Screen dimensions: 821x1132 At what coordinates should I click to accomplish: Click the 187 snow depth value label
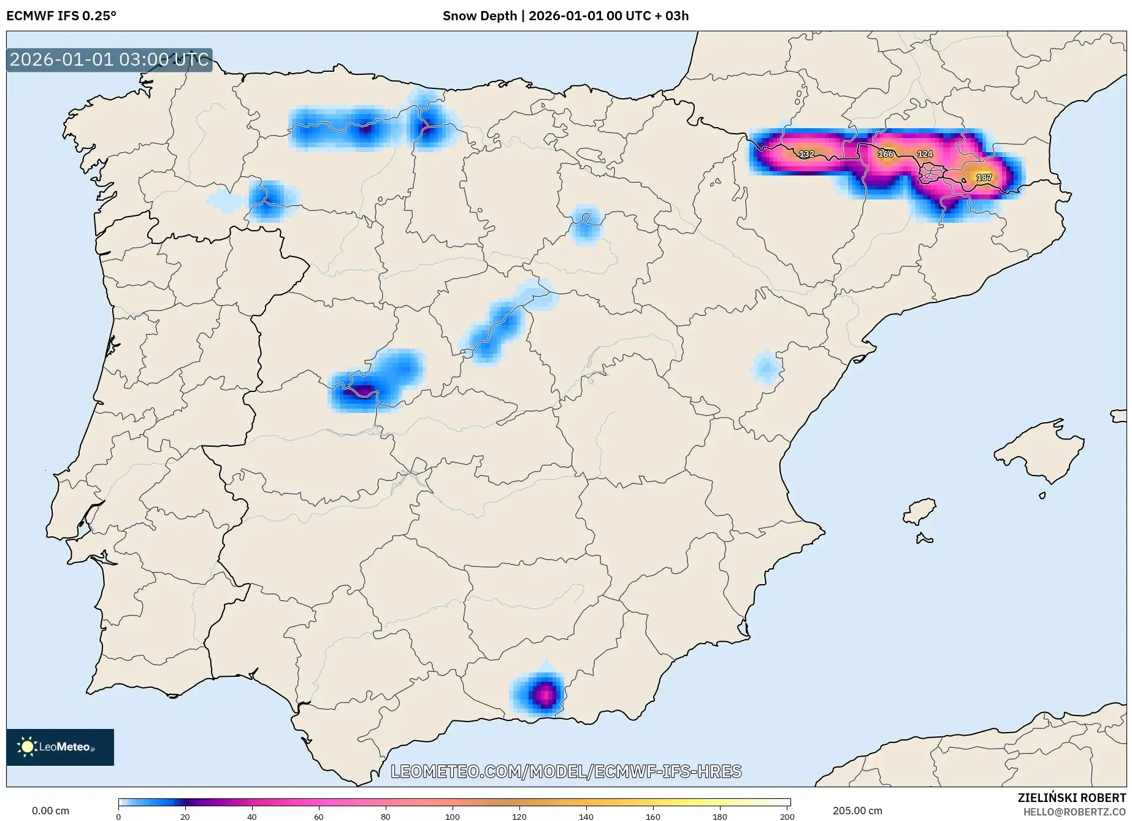pyautogui.click(x=984, y=177)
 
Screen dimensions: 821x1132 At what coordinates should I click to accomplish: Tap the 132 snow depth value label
pyautogui.click(x=806, y=154)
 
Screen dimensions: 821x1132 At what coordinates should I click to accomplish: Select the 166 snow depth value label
pyautogui.click(x=885, y=153)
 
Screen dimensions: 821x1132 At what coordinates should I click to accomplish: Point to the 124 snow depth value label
pyautogui.click(x=925, y=154)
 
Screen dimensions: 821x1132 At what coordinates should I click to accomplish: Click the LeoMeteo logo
pyautogui.click(x=59, y=747)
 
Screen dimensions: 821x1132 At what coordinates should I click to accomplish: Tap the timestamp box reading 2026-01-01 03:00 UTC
pyautogui.click(x=109, y=60)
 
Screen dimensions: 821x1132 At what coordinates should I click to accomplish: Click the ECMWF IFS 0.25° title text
pyautogui.click(x=61, y=16)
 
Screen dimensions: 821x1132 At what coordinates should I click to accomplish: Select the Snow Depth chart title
pyautogui.click(x=565, y=16)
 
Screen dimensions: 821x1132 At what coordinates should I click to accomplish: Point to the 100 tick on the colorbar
pyautogui.click(x=453, y=816)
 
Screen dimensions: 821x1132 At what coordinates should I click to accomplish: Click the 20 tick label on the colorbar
pyautogui.click(x=185, y=816)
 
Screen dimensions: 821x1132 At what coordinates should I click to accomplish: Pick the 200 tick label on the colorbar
pyautogui.click(x=787, y=816)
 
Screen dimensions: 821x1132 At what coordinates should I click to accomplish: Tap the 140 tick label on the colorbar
pyautogui.click(x=586, y=816)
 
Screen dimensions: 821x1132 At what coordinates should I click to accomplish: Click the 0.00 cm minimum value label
pyautogui.click(x=50, y=811)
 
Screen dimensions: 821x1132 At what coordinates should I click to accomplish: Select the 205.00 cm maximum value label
pyautogui.click(x=857, y=811)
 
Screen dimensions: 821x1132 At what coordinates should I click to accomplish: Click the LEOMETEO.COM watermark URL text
pyautogui.click(x=566, y=771)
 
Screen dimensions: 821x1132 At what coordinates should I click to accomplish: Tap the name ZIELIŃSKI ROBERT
pyautogui.click(x=1072, y=798)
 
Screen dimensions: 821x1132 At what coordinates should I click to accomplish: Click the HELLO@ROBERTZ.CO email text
pyautogui.click(x=1074, y=812)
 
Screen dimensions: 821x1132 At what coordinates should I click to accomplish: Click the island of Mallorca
pyautogui.click(x=1039, y=452)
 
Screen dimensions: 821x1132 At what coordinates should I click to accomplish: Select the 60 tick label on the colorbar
pyautogui.click(x=319, y=816)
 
